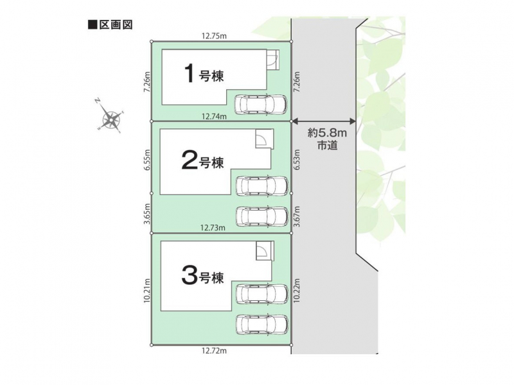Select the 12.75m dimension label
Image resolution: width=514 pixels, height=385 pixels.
point(214,36)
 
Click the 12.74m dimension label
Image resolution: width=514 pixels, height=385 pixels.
point(214,116)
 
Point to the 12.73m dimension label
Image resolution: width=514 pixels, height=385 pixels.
point(213,228)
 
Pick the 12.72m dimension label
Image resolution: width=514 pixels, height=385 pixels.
point(214,351)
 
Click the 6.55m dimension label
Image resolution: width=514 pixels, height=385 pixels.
point(147,159)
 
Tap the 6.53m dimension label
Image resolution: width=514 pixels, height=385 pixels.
point(297,159)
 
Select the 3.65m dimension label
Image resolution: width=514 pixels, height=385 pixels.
point(147,214)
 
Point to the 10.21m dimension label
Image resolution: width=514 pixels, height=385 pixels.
point(147,291)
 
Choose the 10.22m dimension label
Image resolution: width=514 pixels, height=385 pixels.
point(297,291)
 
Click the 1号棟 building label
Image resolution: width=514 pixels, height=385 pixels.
point(204,74)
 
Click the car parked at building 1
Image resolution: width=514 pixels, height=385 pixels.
point(261,104)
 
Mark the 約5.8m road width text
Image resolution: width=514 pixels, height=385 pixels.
point(327,133)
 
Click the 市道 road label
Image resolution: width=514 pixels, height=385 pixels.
point(327,146)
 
